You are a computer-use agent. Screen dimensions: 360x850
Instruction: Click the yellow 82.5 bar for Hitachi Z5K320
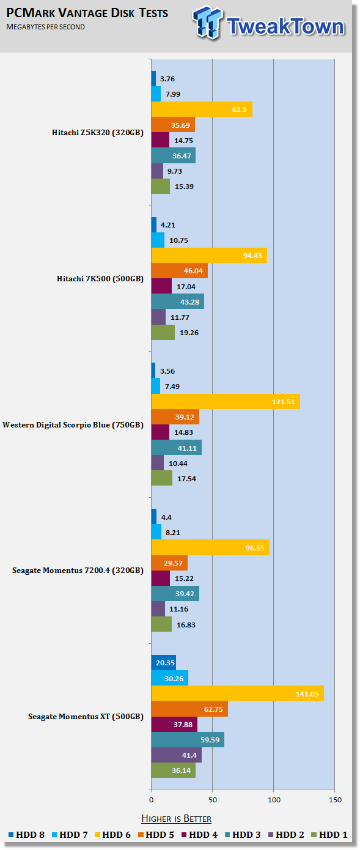(x=202, y=109)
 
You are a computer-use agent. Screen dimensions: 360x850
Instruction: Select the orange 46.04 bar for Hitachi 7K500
(x=180, y=271)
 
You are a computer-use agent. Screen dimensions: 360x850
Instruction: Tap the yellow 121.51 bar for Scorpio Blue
(x=226, y=402)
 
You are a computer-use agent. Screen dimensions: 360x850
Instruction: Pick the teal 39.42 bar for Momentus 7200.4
(x=175, y=594)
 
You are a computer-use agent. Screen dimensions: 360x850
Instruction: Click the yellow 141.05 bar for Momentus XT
(x=238, y=693)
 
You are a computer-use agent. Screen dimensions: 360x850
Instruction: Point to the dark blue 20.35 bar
(x=164, y=663)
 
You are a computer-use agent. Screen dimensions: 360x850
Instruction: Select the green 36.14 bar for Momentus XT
(x=174, y=771)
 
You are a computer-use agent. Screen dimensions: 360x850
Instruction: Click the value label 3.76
(x=167, y=79)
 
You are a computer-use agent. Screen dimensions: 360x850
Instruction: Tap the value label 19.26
(x=189, y=333)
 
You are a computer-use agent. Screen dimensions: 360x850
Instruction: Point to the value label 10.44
(x=178, y=464)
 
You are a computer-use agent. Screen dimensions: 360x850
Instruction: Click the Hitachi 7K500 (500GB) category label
(x=100, y=279)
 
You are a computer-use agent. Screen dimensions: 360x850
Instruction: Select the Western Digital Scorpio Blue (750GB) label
(x=73, y=425)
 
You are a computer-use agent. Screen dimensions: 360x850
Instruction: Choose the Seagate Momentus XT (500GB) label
(x=86, y=717)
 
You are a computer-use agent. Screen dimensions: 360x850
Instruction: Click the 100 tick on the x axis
(x=274, y=800)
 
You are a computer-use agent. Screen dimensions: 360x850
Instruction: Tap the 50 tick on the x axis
(x=213, y=800)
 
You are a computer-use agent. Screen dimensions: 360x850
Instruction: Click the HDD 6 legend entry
(x=112, y=835)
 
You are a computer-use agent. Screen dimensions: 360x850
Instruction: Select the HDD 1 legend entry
(x=329, y=835)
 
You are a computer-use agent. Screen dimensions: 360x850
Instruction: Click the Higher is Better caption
(x=177, y=818)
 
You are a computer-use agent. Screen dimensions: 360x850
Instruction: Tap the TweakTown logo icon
(x=207, y=23)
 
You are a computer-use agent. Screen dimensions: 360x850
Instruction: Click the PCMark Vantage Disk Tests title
(x=87, y=13)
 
